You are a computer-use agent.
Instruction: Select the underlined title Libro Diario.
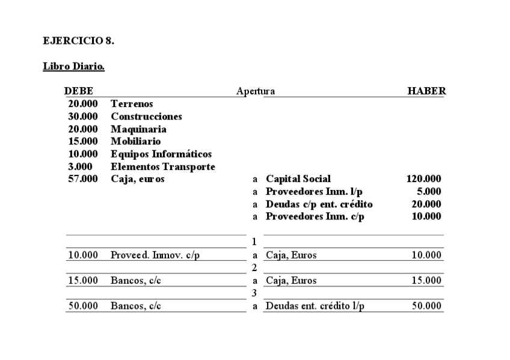coord(74,66)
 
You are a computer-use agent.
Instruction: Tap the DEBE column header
coord(78,91)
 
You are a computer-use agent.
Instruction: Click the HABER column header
coord(426,91)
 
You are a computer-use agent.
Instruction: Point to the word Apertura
coord(256,91)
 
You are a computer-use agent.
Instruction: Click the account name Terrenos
coord(132,104)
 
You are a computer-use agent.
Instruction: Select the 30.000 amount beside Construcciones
coord(83,117)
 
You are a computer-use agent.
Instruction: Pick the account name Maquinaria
coord(138,129)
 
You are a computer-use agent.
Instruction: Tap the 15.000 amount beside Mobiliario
coord(83,141)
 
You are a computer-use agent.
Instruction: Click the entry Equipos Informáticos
coord(161,154)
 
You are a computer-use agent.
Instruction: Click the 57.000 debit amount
coord(83,179)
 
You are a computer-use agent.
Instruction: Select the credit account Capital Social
coord(298,179)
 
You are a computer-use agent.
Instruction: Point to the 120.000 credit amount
coord(424,179)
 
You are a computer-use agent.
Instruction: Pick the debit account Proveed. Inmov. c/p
coord(155,255)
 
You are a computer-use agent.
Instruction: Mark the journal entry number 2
coord(254,267)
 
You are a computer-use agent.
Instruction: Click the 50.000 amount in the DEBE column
coord(83,306)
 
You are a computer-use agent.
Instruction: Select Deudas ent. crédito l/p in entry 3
coord(315,306)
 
